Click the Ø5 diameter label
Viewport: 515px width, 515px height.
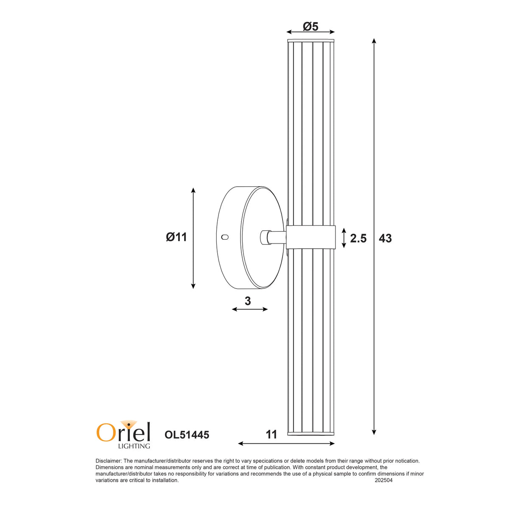[311, 26]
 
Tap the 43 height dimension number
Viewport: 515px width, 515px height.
[385, 238]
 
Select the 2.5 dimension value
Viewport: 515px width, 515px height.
[358, 238]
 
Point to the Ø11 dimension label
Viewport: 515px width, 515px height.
[176, 237]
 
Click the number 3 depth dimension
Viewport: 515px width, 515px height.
[248, 301]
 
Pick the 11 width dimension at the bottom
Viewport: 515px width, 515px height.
[271, 434]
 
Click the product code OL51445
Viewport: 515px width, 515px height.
[187, 435]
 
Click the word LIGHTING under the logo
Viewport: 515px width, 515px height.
[134, 446]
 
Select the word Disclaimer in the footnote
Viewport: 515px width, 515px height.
[109, 461]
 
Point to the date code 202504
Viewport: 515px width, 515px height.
[383, 480]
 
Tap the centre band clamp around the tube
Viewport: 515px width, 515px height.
[311, 238]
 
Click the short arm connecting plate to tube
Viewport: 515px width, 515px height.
[274, 237]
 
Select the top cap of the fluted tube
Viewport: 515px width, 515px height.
[311, 41]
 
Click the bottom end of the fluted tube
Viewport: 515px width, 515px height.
[311, 433]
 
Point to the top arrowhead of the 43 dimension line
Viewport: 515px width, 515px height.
[374, 41]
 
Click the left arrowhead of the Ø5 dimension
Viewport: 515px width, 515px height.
[289, 32]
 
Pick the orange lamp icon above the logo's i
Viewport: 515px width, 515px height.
[128, 424]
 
